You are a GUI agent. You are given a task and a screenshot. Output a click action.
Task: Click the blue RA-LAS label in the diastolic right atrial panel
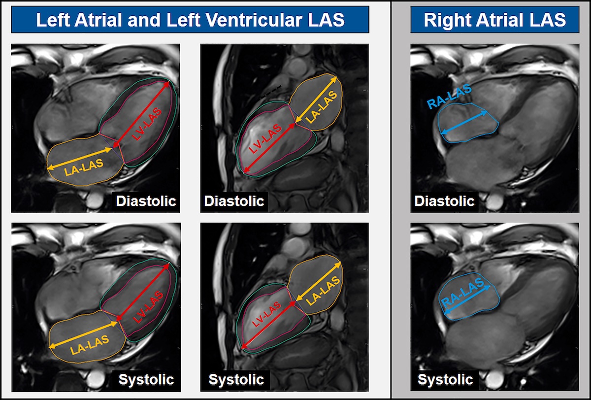coord(449,97)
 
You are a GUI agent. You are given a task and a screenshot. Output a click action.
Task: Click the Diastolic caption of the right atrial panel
coord(444,201)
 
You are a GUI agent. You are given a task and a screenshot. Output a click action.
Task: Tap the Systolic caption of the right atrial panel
coord(445,379)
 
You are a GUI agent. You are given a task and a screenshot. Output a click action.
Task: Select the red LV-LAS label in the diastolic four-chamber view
coord(147,124)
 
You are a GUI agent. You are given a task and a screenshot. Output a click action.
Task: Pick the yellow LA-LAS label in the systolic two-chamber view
coord(323,291)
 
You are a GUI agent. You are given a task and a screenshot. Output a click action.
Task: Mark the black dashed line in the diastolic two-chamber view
coord(271,92)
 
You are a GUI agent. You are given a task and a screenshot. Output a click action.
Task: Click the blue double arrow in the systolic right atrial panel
coord(467,300)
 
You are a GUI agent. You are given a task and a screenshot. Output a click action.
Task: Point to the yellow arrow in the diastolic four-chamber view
coord(79,158)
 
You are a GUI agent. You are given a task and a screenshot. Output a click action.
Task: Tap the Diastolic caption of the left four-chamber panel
coord(146,201)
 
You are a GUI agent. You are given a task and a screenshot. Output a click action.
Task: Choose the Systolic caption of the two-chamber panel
coord(236,379)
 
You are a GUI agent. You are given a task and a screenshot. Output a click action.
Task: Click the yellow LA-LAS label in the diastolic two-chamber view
coord(321,107)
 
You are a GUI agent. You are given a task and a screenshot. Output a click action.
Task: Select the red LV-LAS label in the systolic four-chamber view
coord(148,307)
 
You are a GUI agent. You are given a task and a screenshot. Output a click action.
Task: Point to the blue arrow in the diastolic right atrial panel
coord(464,123)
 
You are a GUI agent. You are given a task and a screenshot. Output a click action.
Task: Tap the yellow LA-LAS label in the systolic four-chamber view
coord(89,345)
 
